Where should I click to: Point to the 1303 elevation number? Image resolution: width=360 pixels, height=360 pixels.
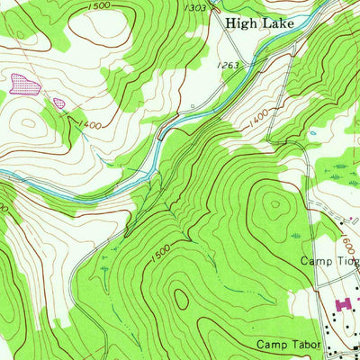point(199,7)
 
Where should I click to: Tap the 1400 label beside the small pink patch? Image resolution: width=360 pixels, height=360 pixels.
point(88,123)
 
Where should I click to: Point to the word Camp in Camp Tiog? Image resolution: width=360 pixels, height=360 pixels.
point(315,261)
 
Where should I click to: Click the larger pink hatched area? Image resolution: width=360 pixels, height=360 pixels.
point(25,85)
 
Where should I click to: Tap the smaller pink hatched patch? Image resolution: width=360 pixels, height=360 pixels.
point(59,103)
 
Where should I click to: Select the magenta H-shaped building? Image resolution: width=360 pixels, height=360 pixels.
point(341,306)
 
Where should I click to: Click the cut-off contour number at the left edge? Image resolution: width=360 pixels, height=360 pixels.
point(4,207)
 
